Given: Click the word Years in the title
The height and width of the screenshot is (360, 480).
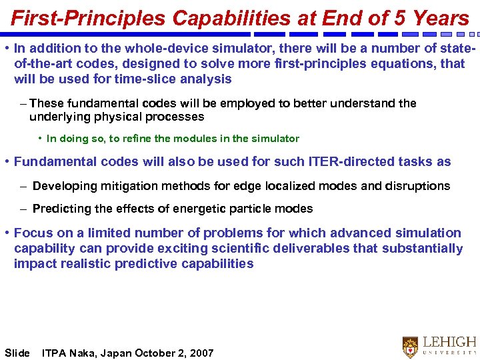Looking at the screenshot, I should tap(441, 18).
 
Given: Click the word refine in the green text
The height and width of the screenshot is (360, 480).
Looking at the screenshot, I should tap(155, 139).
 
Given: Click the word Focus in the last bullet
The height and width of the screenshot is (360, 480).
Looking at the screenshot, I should tap(31, 233).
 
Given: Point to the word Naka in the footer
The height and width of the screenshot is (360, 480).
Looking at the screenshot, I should tap(83, 353).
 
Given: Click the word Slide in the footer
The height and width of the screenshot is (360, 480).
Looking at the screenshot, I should tap(17, 353).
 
